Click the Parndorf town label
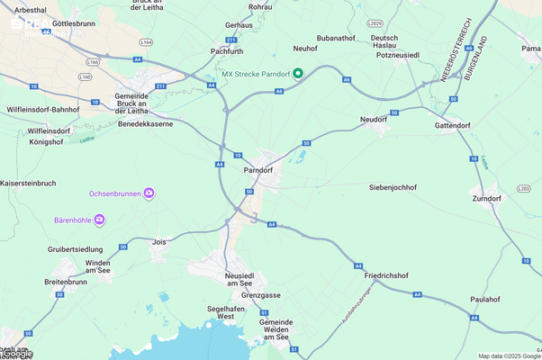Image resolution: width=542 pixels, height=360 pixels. click(x=257, y=169)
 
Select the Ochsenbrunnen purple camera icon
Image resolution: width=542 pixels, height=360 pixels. click(x=149, y=193)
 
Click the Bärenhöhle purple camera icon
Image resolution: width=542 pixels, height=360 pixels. click(x=99, y=219)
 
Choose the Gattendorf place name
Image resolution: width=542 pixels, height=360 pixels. click(x=454, y=126)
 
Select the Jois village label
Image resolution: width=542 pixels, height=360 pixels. click(x=160, y=241)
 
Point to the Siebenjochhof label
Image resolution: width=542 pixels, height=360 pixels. click(x=393, y=187)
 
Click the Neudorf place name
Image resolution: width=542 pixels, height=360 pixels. click(x=373, y=119)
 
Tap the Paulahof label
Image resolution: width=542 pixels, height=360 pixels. click(x=484, y=299)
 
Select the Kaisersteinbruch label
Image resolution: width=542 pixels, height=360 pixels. click(x=31, y=183)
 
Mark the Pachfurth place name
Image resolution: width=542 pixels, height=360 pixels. click(x=227, y=51)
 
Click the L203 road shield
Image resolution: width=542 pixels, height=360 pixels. click(x=524, y=188)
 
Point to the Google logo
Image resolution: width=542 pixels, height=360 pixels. click(x=17, y=354)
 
